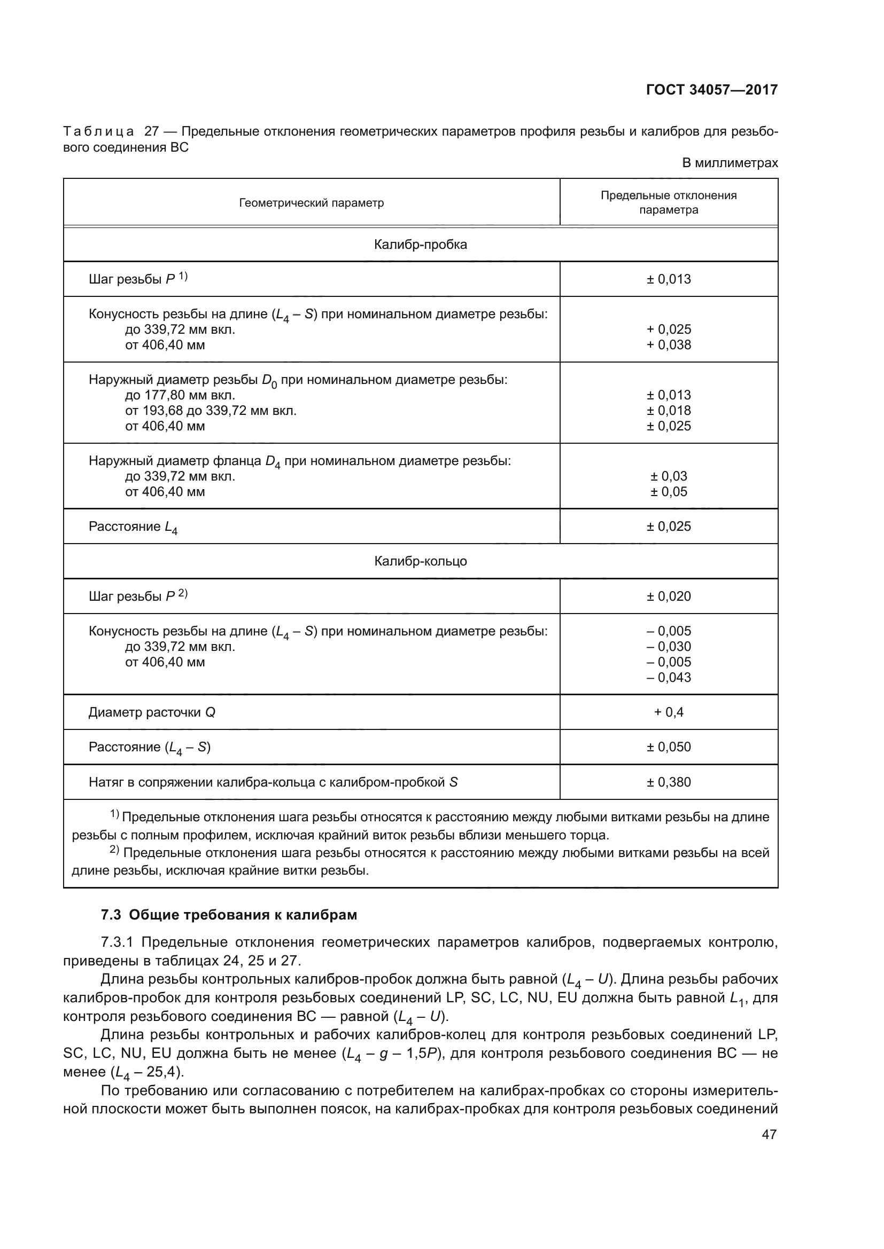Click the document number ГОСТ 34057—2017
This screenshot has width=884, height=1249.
[x=711, y=90]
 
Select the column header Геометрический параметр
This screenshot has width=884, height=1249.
[x=312, y=203]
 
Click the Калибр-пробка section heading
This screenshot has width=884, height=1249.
[x=420, y=245]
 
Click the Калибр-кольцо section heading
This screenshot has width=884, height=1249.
[x=420, y=561]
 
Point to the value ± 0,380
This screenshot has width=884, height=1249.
[x=669, y=782]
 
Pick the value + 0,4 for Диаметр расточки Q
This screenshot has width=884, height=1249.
[x=669, y=712]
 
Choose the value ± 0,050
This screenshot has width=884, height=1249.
[x=669, y=747]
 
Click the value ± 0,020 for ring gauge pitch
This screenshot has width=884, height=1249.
[x=669, y=596]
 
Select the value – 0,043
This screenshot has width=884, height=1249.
[x=669, y=677]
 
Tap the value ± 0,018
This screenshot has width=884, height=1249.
[x=669, y=410]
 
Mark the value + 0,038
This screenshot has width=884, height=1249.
[x=669, y=344]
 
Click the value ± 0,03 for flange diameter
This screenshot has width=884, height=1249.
[x=669, y=476]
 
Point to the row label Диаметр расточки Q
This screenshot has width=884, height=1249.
[x=152, y=712]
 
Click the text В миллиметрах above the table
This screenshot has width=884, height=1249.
[x=730, y=163]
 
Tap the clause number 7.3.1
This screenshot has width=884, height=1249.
[x=117, y=942]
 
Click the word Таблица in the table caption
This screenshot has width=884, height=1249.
[x=98, y=132]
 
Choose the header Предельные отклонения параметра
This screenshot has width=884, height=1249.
[x=669, y=202]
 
